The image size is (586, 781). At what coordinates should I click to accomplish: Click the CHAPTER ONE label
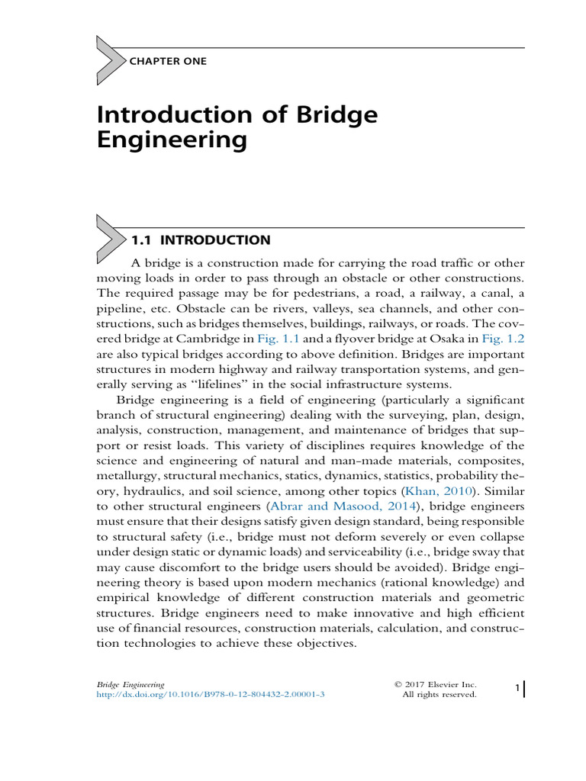coord(169,61)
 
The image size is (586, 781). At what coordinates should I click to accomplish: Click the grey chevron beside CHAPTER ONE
coord(111,59)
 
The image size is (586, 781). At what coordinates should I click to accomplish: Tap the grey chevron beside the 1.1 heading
coord(111,239)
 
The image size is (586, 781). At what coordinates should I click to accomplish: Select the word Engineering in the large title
coord(172,140)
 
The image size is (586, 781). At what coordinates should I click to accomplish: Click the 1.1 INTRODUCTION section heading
coord(201,240)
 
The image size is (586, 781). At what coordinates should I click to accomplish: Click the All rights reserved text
coord(439,695)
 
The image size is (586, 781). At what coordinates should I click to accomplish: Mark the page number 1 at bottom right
coord(517,689)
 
